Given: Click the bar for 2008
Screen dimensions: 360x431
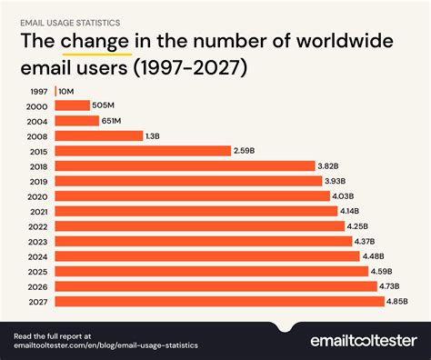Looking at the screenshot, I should [x=99, y=135].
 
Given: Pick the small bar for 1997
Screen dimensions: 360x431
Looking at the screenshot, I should [x=56, y=90].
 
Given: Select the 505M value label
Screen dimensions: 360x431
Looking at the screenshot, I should [x=105, y=105].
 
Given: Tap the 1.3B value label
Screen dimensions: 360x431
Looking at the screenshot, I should [x=157, y=135].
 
